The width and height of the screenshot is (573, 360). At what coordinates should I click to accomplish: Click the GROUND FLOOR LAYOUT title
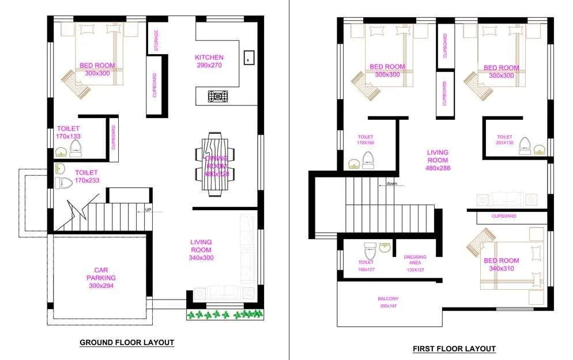[126, 342]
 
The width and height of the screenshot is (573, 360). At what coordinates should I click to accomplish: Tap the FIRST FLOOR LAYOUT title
[454, 348]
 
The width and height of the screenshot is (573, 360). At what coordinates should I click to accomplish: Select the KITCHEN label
[209, 58]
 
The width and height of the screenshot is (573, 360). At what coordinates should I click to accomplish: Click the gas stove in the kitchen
[217, 96]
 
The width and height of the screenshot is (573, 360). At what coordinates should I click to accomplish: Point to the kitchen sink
[249, 56]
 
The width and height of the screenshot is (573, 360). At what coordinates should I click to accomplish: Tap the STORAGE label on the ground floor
[156, 40]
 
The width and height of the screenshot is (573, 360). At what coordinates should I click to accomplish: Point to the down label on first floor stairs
[392, 184]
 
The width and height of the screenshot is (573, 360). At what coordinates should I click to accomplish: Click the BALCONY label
[388, 298]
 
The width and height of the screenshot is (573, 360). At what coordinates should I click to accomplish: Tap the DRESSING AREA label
[415, 260]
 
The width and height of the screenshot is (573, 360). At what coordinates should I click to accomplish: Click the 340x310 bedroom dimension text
[501, 268]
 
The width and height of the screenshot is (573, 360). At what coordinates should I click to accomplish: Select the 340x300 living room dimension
[201, 258]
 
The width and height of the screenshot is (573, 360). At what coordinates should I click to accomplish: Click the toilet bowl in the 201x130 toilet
[525, 145]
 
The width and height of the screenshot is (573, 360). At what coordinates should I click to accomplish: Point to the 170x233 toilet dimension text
[86, 181]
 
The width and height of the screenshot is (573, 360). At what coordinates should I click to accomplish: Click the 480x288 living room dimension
[438, 168]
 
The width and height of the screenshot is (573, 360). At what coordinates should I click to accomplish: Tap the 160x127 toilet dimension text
[365, 270]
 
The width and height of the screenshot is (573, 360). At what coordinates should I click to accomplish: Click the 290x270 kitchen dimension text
[209, 66]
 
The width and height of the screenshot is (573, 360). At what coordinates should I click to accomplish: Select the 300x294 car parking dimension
[101, 286]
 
